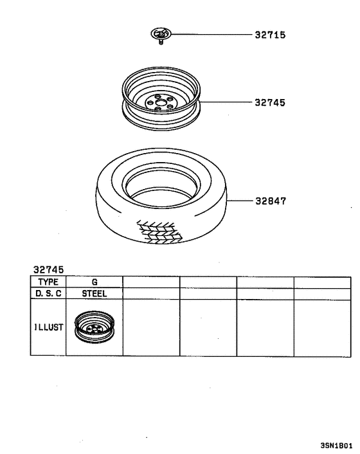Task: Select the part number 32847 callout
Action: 270,201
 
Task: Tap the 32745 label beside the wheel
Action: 270,102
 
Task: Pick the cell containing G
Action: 94,282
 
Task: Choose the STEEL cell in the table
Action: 94,294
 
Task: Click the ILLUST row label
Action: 48,327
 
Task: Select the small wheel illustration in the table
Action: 93,328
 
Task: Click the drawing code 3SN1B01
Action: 336,445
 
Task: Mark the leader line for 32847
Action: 241,201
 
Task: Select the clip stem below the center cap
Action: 158,43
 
